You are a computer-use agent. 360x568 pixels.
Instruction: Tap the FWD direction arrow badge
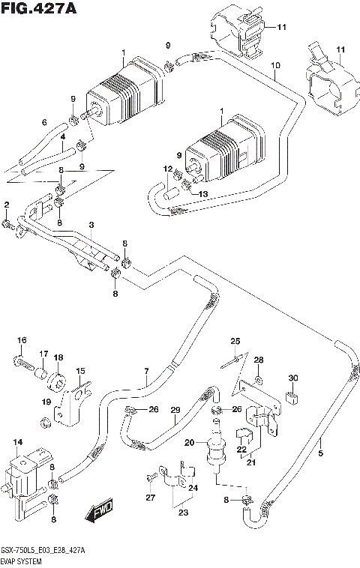(99, 513)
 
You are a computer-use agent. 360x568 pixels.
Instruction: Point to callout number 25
(235, 342)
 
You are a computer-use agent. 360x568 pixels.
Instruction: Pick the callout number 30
(293, 377)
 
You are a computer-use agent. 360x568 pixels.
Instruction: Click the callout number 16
(22, 340)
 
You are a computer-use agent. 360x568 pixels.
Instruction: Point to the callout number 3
(91, 226)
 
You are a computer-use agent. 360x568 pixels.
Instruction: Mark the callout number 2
(6, 205)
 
